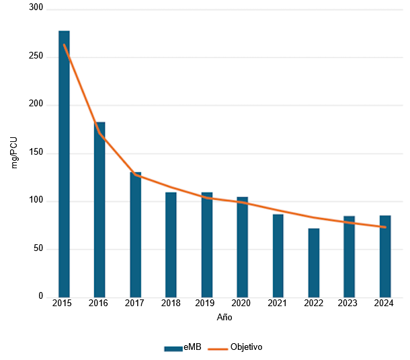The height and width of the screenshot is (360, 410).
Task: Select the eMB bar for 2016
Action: pyautogui.click(x=99, y=209)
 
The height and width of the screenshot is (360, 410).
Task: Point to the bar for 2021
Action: pyautogui.click(x=278, y=256)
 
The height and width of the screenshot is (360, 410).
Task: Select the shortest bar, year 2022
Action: pyautogui.click(x=313, y=262)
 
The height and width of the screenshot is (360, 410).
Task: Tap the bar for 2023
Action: pyautogui.click(x=349, y=256)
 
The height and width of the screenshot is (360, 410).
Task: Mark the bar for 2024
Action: pyautogui.click(x=384, y=256)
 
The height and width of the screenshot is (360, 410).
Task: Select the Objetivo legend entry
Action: pyautogui.click(x=235, y=348)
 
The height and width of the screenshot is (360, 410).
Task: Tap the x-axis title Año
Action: pyautogui.click(x=224, y=316)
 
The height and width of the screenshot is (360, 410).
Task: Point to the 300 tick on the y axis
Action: pyautogui.click(x=35, y=8)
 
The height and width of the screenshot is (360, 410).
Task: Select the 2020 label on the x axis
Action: pyautogui.click(x=242, y=304)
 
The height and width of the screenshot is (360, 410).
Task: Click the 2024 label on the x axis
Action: pyautogui.click(x=384, y=304)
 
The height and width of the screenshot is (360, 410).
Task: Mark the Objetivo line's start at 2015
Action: pyautogui.click(x=64, y=45)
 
